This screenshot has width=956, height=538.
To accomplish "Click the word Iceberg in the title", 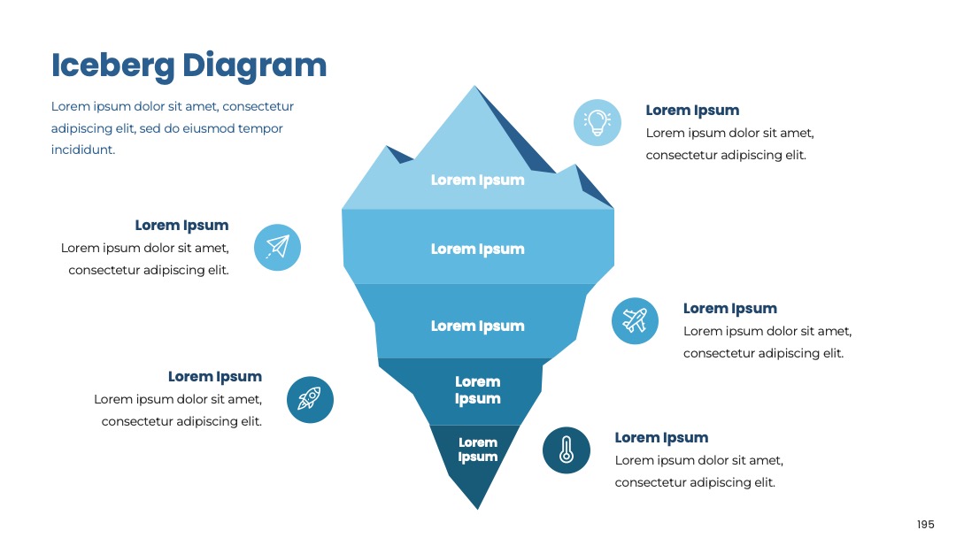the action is [x=112, y=65].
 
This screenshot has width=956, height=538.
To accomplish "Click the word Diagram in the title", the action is [x=255, y=65].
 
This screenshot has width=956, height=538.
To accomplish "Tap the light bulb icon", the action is [x=597, y=122].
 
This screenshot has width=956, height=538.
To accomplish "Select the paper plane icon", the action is [x=277, y=247].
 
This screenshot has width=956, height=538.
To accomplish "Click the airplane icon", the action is [x=635, y=320].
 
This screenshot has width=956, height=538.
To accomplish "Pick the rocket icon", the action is [x=310, y=399].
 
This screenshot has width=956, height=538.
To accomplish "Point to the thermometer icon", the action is [x=567, y=450].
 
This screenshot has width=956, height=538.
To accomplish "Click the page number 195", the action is [x=926, y=525].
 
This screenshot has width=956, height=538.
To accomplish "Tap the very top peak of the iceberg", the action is [x=475, y=86].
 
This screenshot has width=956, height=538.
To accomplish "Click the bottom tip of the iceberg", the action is [x=478, y=509].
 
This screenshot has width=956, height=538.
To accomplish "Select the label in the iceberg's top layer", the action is [x=477, y=181].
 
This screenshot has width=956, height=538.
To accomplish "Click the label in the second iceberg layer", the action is [x=477, y=250].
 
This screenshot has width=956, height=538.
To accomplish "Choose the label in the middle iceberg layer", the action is [x=477, y=327].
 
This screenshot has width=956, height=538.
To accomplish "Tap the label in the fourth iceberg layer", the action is [x=477, y=390].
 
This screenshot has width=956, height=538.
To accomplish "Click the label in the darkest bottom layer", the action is [x=477, y=450].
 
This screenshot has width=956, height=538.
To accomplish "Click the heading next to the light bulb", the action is [x=692, y=111].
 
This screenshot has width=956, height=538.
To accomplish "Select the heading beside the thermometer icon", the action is [x=661, y=437].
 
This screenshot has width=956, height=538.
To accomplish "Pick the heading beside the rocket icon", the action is [x=215, y=377].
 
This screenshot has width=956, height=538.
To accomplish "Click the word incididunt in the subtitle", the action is [x=83, y=150].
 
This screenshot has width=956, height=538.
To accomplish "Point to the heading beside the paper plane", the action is [x=181, y=226].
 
